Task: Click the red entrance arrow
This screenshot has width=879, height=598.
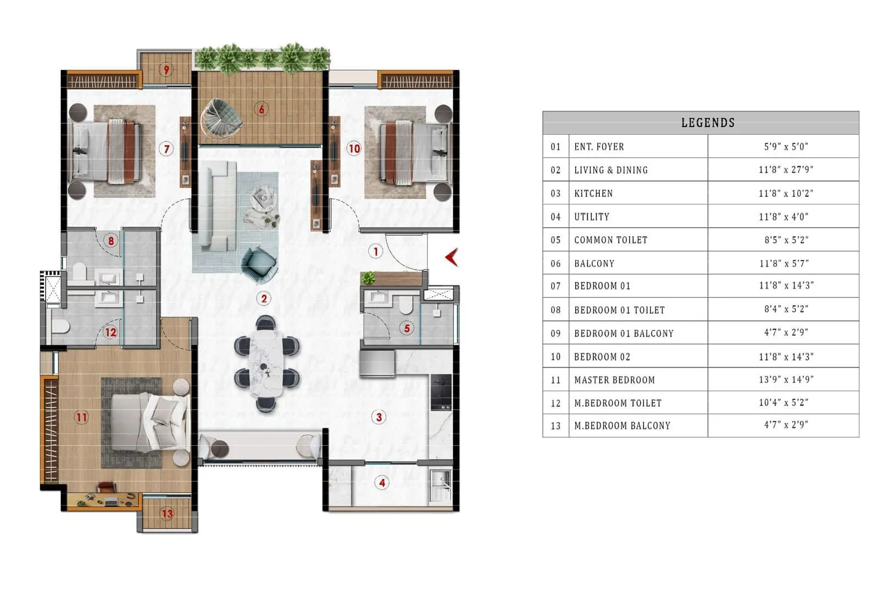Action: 452,257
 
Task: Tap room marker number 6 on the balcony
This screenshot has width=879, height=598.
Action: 262,109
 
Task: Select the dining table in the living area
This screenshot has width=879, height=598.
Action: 266,363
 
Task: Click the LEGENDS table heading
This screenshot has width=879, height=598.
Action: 708,123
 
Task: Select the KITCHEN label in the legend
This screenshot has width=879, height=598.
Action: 593,193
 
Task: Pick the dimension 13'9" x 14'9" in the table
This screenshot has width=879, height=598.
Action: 786,379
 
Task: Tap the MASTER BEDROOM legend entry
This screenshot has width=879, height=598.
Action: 614,380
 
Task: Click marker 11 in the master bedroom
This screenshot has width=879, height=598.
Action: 81,417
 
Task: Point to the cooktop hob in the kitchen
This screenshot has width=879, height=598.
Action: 441,392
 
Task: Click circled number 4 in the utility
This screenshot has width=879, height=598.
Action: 382,483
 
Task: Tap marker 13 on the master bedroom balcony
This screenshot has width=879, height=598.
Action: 167,513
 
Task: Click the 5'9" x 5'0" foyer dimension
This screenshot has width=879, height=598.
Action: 786,147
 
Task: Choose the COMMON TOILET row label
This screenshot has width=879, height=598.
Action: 610,240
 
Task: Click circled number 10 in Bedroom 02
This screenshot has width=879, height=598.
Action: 354,148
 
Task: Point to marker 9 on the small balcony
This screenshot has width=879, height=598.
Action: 166,70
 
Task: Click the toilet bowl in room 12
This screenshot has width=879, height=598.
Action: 59,327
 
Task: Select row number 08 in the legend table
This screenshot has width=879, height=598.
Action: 555,310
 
